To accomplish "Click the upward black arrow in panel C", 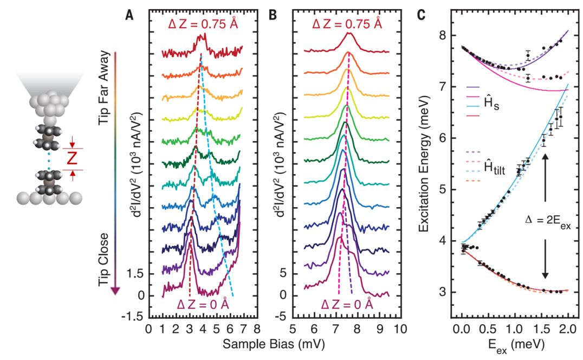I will coord(545,179).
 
